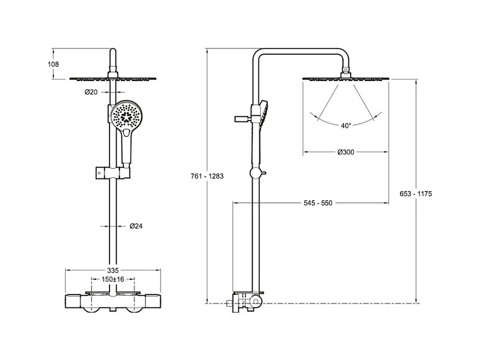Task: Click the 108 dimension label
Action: coord(53,64)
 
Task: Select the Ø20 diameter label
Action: coord(91,92)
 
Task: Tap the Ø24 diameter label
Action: coord(136,226)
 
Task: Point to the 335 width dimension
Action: coord(113,271)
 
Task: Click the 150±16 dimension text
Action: coord(113,279)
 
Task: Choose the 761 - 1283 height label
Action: coord(207,176)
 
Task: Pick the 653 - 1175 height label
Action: coord(416,194)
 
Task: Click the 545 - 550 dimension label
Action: coord(318,203)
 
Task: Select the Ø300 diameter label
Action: coord(346,152)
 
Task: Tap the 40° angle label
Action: coord(346,125)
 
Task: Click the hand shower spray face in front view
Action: coord(126,117)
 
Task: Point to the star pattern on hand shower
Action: coord(126,117)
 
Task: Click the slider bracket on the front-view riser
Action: coord(113,173)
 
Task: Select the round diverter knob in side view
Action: coord(256,173)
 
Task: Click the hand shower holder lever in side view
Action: coord(243,119)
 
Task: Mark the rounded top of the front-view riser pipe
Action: coord(113,51)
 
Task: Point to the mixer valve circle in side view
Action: coord(256,302)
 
